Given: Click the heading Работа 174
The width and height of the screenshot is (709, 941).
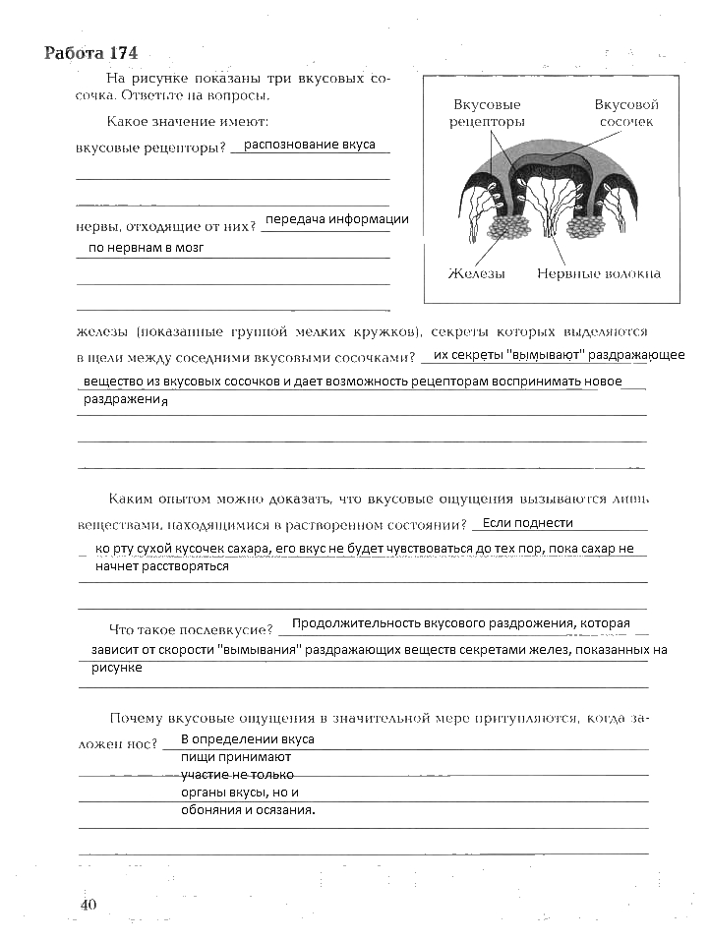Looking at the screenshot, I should (x=91, y=53).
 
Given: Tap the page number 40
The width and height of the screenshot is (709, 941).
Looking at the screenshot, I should (x=89, y=905).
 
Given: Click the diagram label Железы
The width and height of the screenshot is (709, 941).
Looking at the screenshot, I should (x=477, y=273).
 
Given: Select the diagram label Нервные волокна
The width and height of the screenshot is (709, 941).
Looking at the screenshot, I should (x=598, y=273).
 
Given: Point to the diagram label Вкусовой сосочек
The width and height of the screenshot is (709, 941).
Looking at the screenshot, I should (x=625, y=112).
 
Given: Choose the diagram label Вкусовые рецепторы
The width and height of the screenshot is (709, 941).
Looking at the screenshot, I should (x=487, y=112).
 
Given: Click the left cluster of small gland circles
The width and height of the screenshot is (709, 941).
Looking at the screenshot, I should (x=507, y=229).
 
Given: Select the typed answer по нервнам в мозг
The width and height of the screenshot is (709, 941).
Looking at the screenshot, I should (x=146, y=248).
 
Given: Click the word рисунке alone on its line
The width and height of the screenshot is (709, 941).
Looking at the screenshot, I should (x=117, y=668).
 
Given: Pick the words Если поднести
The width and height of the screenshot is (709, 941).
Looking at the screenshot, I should (x=528, y=523).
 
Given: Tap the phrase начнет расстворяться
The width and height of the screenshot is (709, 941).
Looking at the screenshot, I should (x=162, y=566).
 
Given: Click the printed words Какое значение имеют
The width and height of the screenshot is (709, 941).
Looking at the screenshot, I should (x=187, y=122).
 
